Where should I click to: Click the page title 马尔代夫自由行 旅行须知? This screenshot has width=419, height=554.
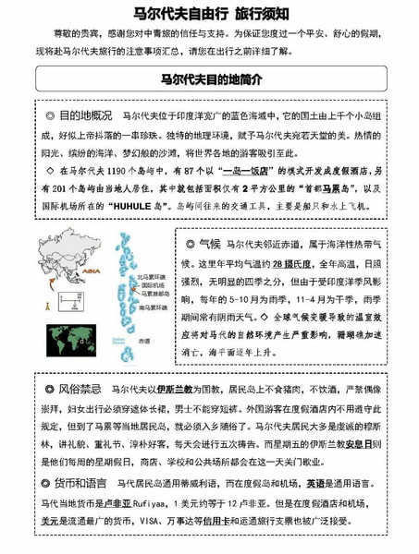click(x=209, y=16)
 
